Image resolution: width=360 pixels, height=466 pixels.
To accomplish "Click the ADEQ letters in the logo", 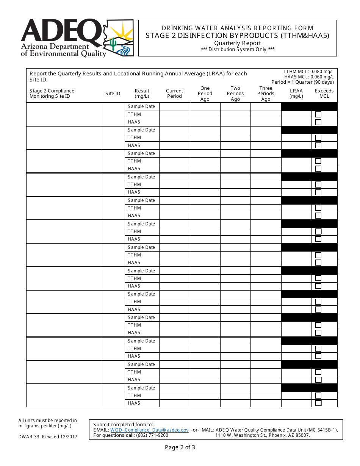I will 61,30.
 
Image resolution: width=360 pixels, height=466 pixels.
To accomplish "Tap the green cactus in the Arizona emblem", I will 113,44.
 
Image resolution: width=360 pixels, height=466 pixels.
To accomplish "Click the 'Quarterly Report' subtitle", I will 238,43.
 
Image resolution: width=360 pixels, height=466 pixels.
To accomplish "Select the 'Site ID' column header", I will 113,94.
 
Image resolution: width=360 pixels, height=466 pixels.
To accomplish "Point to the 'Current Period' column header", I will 174,94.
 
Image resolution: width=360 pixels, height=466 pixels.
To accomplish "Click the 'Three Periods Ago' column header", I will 266,94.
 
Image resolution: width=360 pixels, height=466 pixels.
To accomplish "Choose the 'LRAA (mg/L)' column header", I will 296,94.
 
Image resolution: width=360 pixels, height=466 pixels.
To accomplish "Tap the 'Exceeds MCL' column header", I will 324,94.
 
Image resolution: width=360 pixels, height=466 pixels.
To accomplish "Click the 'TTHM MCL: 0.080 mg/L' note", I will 308,72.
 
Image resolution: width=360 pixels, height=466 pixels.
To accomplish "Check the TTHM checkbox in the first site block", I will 318,114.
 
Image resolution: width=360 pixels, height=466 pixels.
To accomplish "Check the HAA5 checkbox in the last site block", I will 318,403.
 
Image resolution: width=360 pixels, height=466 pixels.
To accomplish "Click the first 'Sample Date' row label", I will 141,106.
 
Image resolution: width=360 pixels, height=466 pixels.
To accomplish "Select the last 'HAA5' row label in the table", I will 134,403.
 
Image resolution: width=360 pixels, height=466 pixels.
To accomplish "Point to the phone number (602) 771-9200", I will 152,435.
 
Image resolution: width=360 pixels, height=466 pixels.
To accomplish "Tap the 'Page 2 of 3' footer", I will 180,447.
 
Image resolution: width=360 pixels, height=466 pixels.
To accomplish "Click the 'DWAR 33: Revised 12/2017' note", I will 48,437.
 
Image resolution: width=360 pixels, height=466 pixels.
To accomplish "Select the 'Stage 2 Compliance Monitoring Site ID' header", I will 52,94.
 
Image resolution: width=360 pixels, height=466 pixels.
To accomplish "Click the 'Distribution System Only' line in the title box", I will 238,49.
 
